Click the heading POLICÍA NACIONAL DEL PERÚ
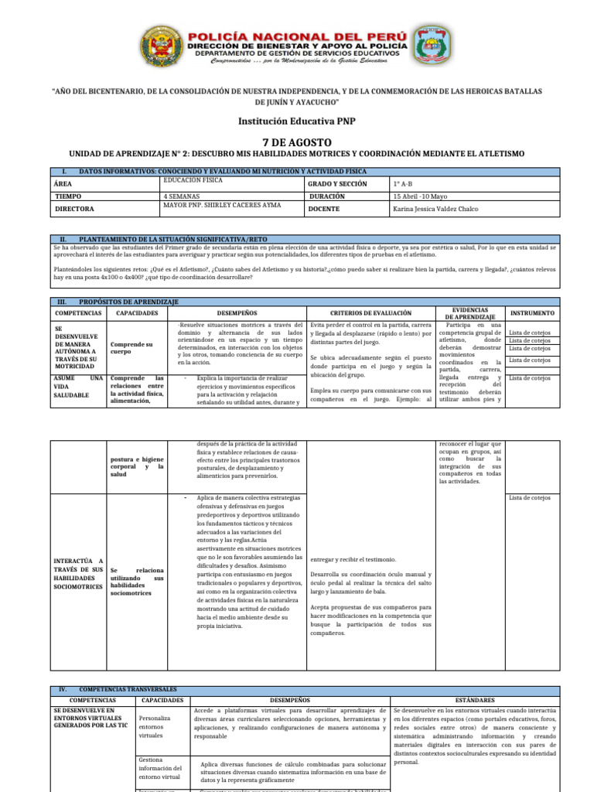coord(297,35)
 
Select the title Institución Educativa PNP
coord(297,121)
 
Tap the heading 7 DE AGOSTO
coord(297,142)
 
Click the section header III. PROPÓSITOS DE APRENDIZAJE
coord(128,300)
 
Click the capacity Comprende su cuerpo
coord(131,347)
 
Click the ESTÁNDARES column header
coord(474,699)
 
